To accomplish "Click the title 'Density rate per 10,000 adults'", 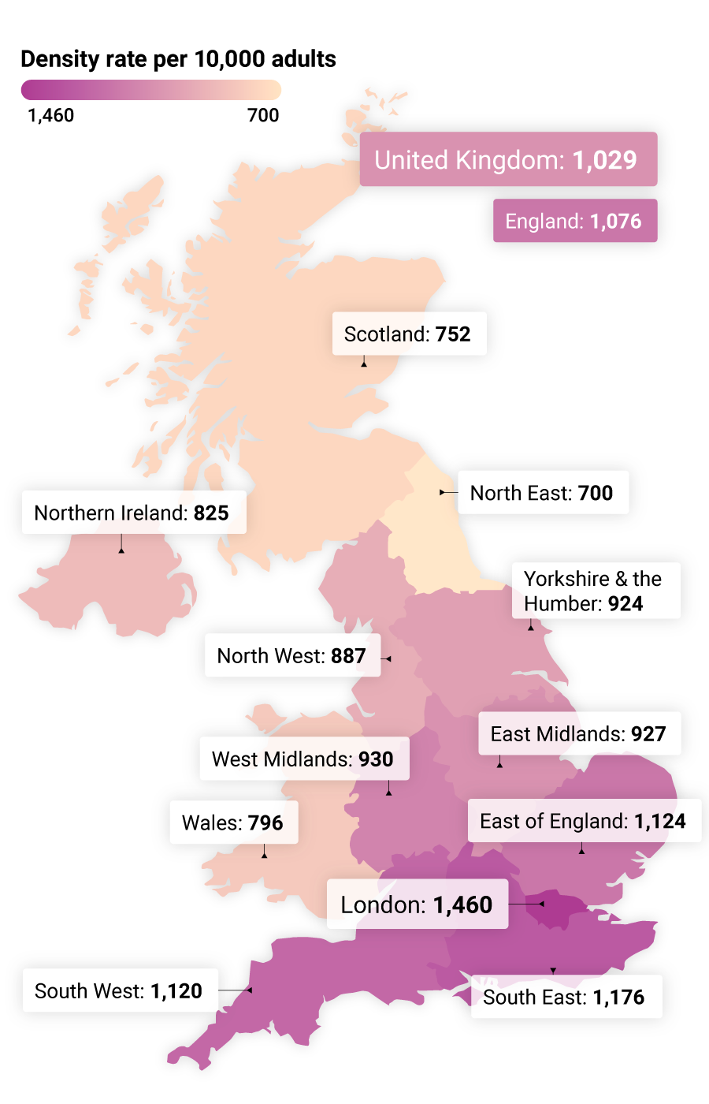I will [178, 59].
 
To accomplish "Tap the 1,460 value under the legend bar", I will [50, 115].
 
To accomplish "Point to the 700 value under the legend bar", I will [263, 115].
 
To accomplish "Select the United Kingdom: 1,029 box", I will [508, 159].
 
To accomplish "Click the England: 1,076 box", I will [574, 221].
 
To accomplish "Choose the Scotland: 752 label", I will [408, 334].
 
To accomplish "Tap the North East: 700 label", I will [542, 493].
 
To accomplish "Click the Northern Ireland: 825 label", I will [133, 513].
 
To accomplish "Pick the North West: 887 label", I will [292, 655].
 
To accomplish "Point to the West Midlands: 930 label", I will [304, 759].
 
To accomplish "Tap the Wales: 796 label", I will [233, 822].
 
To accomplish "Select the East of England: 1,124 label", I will [584, 821].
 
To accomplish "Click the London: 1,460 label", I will [417, 904].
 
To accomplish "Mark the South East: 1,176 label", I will [565, 997].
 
